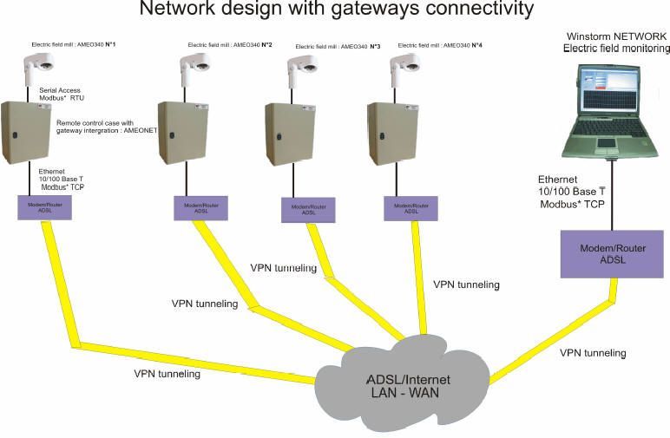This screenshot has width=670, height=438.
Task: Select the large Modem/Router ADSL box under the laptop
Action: pos(613,253)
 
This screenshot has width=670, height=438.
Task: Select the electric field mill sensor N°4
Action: pos(404,68)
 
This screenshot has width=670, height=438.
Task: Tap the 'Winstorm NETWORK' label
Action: pos(616,36)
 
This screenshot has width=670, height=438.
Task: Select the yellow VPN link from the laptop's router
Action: pos(555,338)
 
